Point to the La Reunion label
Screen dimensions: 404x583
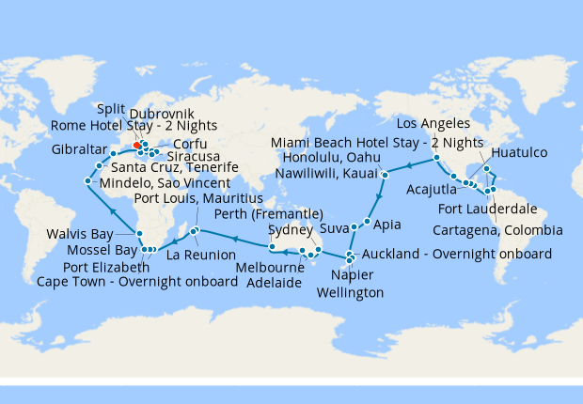[x=199, y=255]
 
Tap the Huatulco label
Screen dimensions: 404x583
[x=520, y=148]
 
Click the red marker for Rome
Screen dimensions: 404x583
[x=137, y=146]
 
